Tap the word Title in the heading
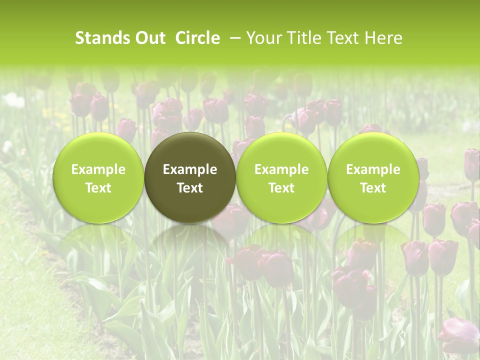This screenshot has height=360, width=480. click(x=300, y=38)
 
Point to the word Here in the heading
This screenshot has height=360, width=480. click(x=383, y=38)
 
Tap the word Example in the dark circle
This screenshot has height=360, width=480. click(x=190, y=169)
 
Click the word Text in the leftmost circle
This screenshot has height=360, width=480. click(x=98, y=188)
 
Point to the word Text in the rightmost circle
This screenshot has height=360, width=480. click(x=373, y=188)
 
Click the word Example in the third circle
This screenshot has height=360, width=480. click(x=281, y=169)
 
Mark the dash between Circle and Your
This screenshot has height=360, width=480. click(x=233, y=38)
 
